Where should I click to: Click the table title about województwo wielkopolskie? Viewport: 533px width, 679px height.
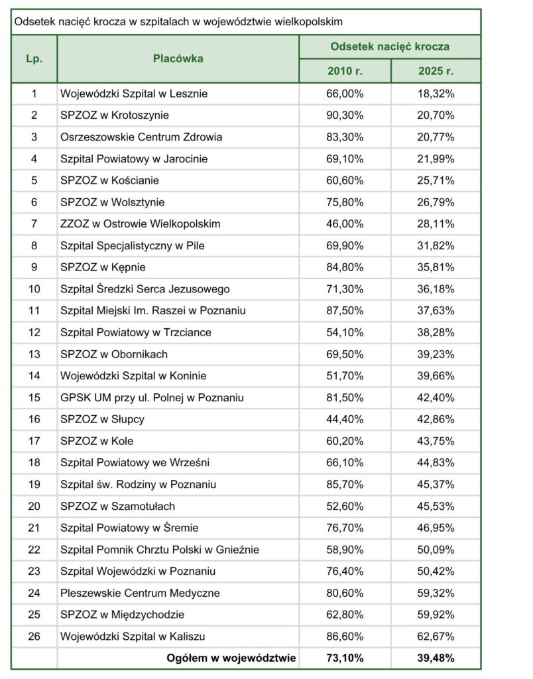tap(178, 22)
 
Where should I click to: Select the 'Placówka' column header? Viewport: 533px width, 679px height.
tap(178, 59)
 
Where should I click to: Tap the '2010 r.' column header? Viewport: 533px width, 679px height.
tap(345, 71)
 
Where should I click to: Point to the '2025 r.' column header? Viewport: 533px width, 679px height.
tap(436, 71)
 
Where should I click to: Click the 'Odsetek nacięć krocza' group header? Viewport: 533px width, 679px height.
tap(390, 46)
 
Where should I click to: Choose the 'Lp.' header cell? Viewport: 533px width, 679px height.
tap(34, 59)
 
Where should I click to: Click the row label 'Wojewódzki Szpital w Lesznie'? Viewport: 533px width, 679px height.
tap(133, 93)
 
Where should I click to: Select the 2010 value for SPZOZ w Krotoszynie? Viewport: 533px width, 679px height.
tap(345, 115)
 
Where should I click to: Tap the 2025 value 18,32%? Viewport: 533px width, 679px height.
tap(436, 93)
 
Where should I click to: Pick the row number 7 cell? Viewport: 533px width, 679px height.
tap(34, 224)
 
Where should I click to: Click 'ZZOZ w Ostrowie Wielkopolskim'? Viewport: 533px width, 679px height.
tap(140, 224)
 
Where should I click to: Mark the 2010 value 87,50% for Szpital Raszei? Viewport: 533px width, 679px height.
tap(345, 310)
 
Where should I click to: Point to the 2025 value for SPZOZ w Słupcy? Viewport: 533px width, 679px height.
tap(436, 419)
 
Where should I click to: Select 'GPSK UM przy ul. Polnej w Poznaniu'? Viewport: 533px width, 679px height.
tap(152, 397)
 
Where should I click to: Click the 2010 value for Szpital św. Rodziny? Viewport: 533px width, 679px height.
tap(345, 484)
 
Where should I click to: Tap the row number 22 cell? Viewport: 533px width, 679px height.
tap(34, 549)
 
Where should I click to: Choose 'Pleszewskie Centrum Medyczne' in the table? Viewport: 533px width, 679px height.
tap(140, 593)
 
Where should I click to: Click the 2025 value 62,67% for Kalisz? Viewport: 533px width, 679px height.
tap(436, 636)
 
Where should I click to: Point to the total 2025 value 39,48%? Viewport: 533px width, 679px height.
tap(436, 658)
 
